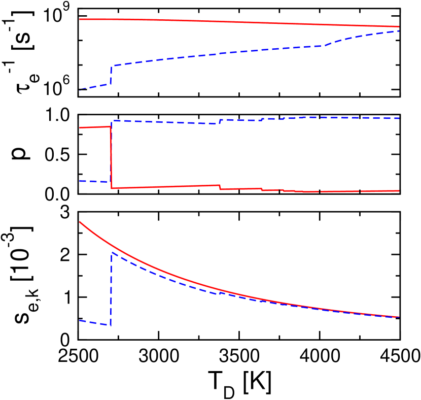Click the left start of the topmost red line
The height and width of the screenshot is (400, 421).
click(80, 19)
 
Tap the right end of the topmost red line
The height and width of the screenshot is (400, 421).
click(398, 26)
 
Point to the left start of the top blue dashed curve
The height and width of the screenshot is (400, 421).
click(80, 90)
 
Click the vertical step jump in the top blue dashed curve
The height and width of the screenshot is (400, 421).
click(111, 75)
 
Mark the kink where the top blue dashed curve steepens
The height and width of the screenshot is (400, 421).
click(325, 46)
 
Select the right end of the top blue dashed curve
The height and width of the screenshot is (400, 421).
click(398, 31)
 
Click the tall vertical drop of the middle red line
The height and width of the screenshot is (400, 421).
click(111, 157)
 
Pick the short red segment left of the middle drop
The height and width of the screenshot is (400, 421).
click(95, 127)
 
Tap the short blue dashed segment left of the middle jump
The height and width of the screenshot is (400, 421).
click(94, 181)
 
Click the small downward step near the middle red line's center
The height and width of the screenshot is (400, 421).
click(220, 187)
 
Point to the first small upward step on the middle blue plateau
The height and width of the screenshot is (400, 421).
click(220, 121)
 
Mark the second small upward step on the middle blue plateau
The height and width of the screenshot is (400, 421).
click(262, 119)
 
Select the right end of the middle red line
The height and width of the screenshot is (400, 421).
click(399, 191)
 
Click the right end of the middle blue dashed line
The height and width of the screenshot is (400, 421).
click(399, 118)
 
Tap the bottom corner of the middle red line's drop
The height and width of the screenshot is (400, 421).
click(112, 188)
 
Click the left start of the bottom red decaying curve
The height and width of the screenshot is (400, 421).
click(80, 222)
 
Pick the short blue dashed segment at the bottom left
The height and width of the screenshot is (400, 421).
click(94, 322)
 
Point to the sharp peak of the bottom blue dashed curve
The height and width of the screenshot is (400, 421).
click(112, 252)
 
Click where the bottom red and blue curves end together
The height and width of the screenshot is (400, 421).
click(399, 317)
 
